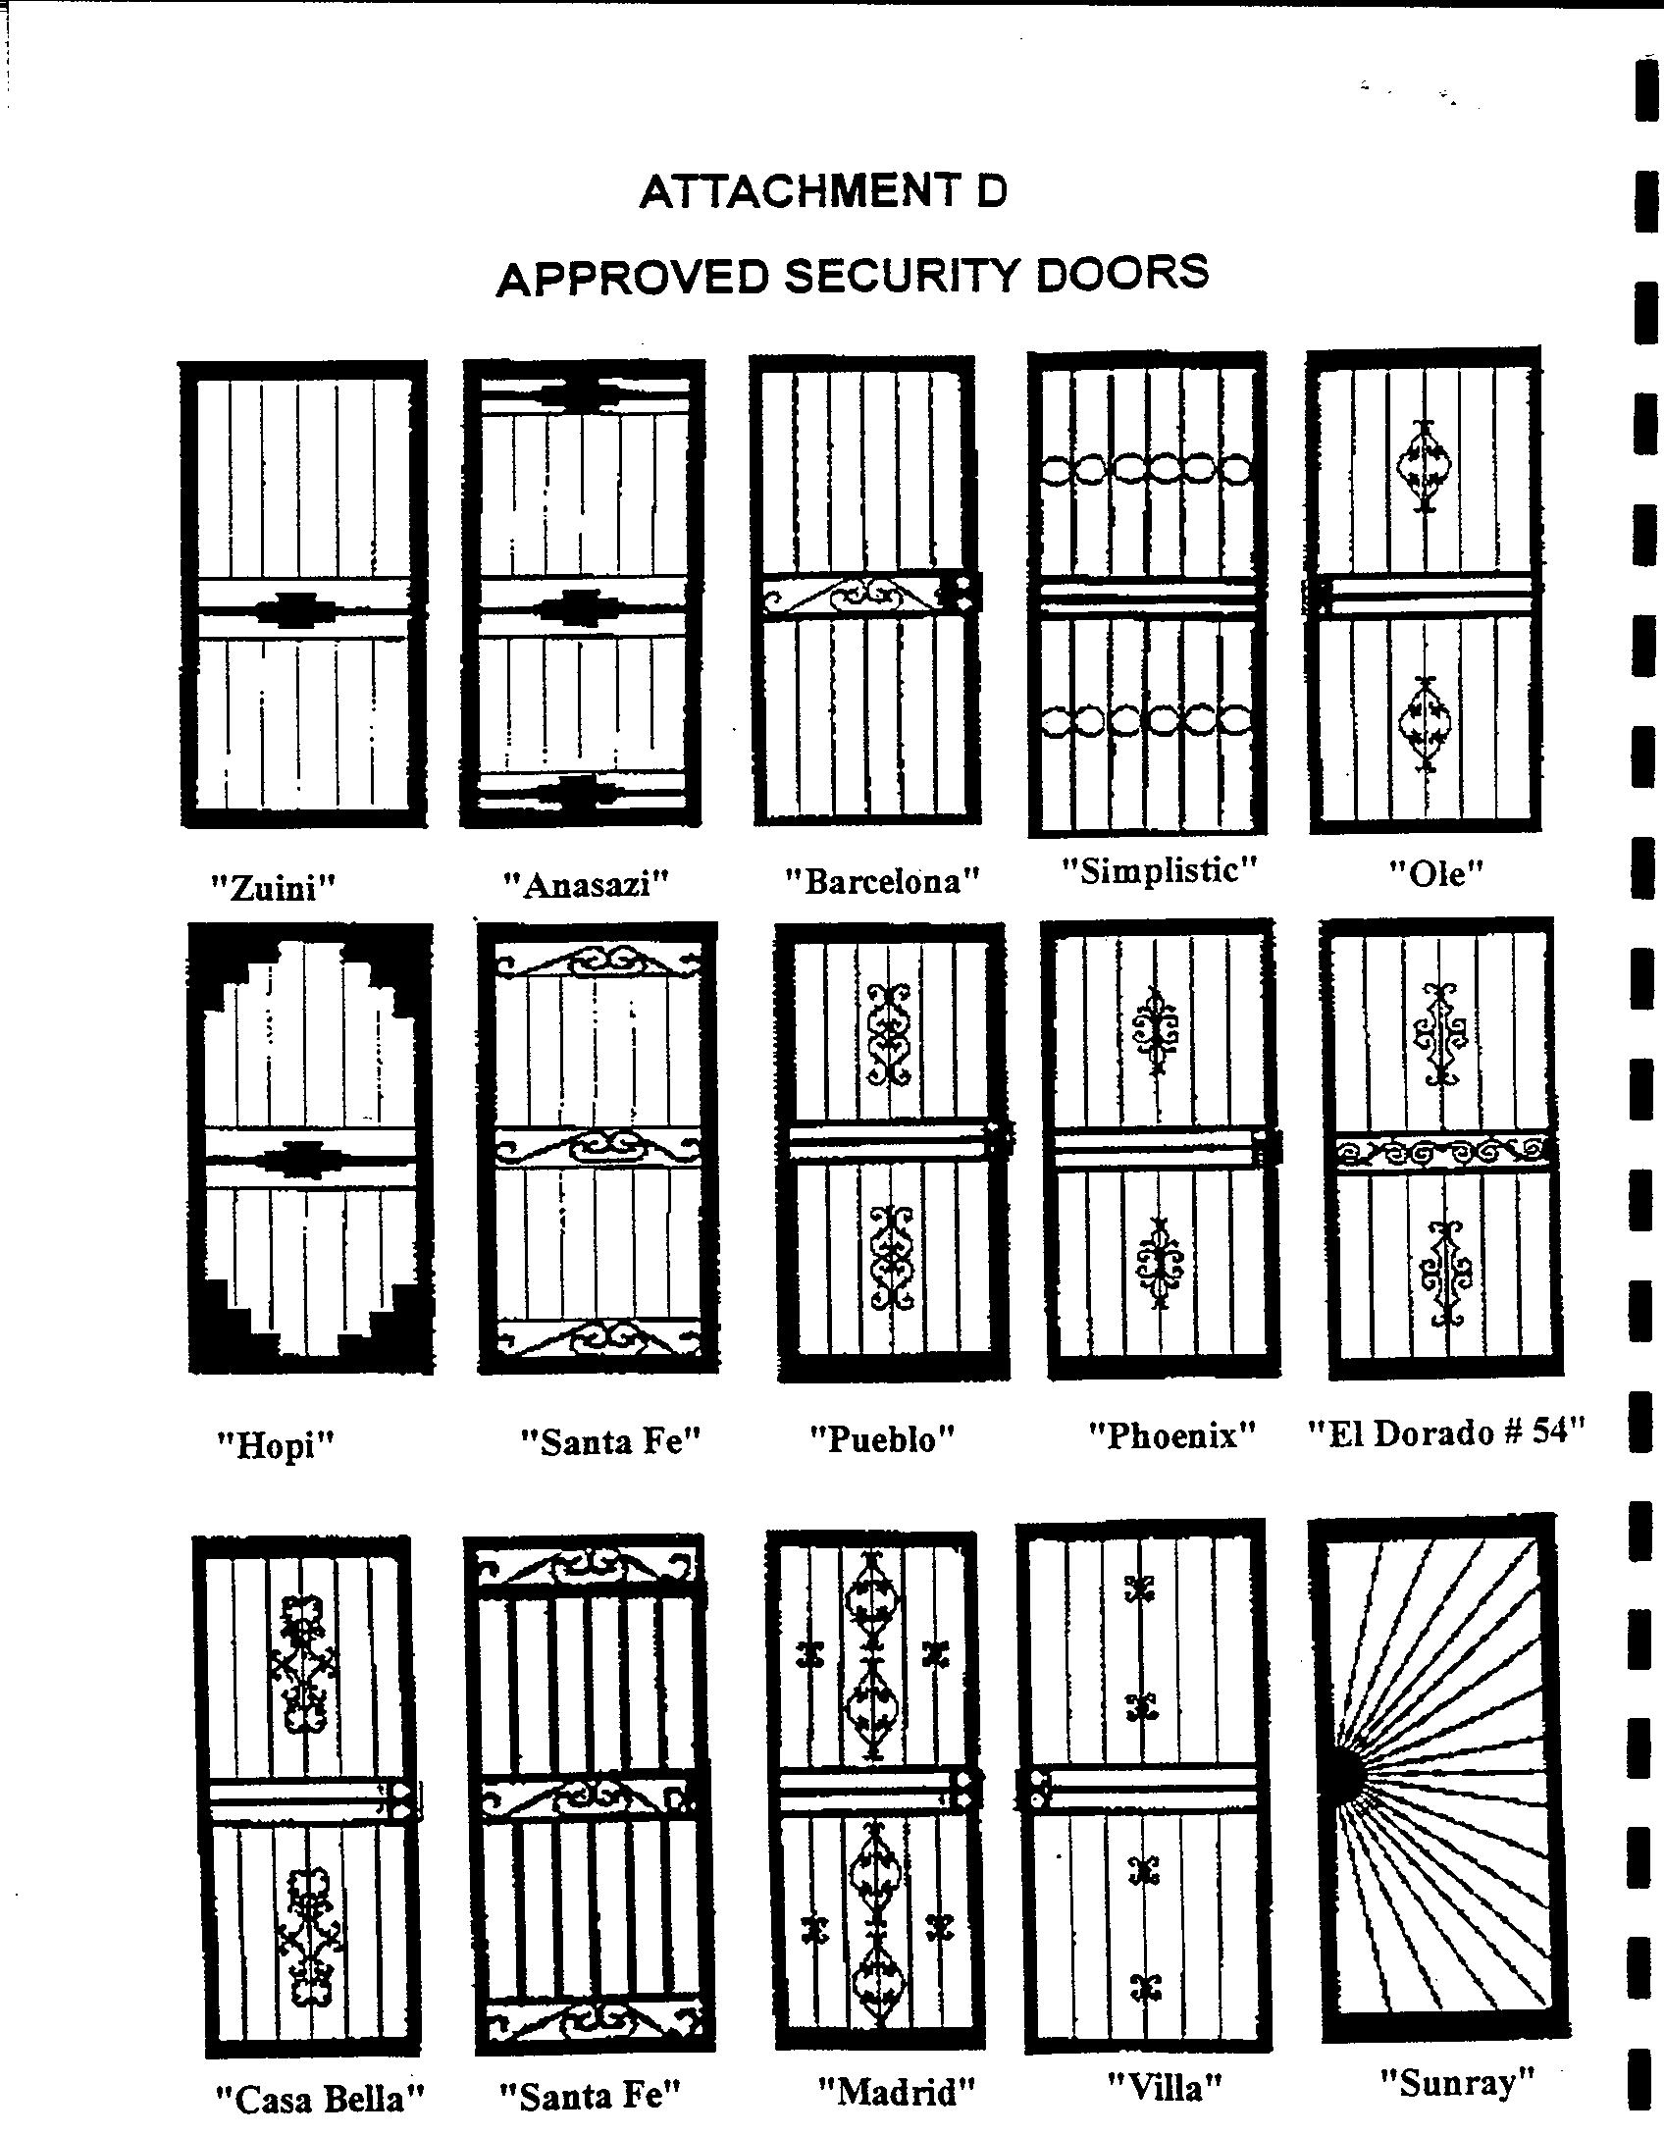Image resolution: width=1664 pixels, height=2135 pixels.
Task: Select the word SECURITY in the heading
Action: point(902,276)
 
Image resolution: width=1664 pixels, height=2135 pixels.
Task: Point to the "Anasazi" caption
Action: point(586,884)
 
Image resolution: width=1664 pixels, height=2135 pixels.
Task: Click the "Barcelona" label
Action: point(883,880)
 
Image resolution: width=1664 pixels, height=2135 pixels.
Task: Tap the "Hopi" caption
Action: point(276,1444)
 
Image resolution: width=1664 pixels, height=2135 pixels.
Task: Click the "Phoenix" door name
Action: point(1172,1435)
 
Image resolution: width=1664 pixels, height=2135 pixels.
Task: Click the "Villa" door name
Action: point(1165,2087)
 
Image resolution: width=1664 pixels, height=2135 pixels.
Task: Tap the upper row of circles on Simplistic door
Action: point(1145,470)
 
